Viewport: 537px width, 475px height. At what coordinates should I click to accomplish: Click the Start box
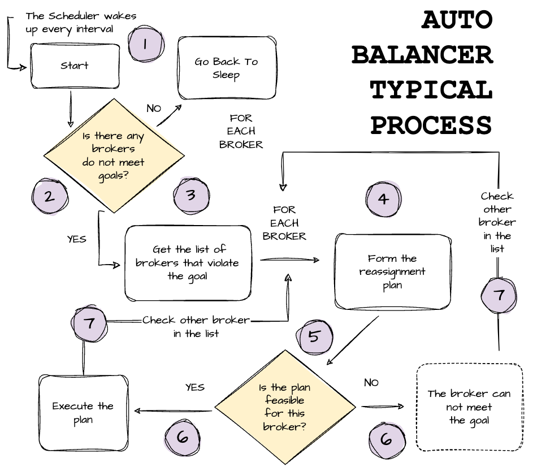tap(75, 66)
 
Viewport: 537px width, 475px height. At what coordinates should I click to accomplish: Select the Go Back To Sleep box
tap(226, 68)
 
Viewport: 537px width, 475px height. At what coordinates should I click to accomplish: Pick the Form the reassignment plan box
tap(392, 271)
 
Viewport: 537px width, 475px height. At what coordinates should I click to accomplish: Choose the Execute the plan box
tap(83, 413)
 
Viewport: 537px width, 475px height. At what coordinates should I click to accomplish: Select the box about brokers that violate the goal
tap(188, 263)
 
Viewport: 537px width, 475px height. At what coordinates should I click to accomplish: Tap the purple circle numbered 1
tap(145, 45)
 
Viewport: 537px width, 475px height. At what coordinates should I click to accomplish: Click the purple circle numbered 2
tap(49, 196)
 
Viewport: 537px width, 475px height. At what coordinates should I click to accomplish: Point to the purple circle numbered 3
tap(191, 196)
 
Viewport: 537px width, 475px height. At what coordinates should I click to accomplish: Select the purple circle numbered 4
tap(384, 199)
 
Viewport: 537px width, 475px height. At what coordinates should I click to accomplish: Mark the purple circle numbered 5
tap(314, 336)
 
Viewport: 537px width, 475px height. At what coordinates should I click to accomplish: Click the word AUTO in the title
tap(457, 21)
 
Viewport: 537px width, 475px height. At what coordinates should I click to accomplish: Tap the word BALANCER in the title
tap(422, 55)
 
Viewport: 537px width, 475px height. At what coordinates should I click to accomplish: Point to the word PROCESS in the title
tap(431, 125)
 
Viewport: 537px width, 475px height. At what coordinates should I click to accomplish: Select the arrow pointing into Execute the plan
tap(172, 411)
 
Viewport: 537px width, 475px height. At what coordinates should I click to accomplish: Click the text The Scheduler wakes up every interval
tap(81, 21)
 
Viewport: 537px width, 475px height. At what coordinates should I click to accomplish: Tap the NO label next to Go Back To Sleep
tap(154, 108)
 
